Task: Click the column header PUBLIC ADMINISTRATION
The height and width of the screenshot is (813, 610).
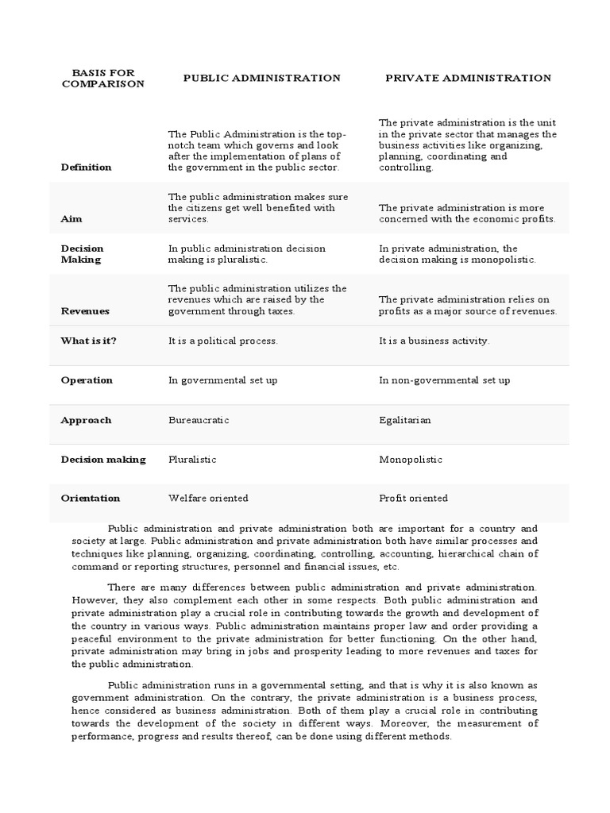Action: pos(261,78)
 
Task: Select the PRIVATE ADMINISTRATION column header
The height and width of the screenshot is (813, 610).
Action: pos(468,78)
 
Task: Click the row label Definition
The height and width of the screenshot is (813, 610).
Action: pos(86,168)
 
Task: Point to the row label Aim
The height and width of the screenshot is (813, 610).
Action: pos(71,218)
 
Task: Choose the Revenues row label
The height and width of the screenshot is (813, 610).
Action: pos(85,311)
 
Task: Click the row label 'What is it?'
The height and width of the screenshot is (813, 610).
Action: pos(94,341)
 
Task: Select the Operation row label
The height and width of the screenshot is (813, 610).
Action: pos(87,380)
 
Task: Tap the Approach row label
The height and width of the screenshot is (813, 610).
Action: pos(86,420)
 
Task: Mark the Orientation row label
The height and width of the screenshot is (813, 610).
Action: pos(91,499)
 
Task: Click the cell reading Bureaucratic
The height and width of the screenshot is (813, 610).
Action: pos(199,420)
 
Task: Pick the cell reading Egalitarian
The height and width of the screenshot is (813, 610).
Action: pos(405,420)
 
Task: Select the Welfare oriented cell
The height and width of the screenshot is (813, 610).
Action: pos(208,499)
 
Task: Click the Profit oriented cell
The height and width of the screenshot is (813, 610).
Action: pos(413,499)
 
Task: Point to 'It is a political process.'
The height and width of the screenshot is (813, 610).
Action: pos(222,341)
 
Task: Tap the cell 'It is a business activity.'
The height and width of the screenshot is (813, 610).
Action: pos(434,341)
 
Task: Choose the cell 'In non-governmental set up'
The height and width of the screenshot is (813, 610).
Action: pos(444,380)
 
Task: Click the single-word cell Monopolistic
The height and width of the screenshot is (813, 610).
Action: pos(411,460)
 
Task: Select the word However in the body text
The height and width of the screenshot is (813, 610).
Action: pos(93,601)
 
